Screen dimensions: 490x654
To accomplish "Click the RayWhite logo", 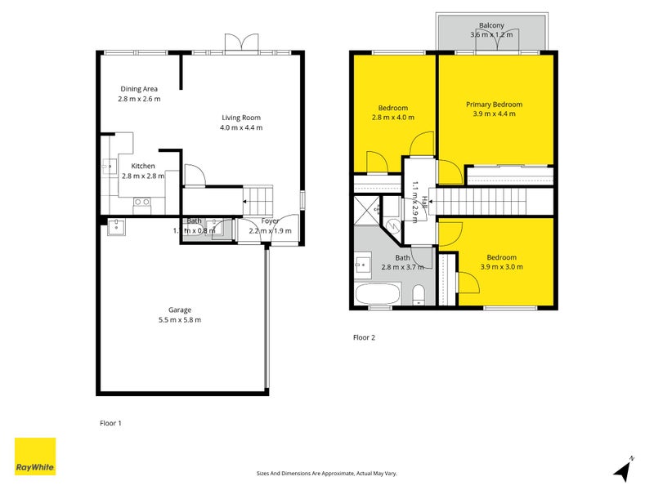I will click(35, 457).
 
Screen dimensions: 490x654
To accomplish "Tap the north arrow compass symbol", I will click(624, 470).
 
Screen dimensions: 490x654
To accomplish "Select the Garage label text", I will click(180, 310).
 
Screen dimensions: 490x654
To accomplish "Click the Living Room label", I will click(240, 117).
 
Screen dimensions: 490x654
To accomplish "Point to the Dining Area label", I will click(138, 89).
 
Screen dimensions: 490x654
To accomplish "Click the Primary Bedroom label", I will click(494, 105).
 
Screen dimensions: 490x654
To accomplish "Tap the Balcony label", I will click(491, 24).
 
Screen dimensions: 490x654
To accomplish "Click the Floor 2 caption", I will click(364, 336).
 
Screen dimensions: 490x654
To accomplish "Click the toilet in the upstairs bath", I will click(418, 295).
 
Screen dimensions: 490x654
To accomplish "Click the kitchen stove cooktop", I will click(141, 202).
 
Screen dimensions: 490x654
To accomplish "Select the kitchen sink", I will click(109, 167).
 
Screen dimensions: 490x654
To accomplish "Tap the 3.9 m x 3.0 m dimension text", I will click(502, 267).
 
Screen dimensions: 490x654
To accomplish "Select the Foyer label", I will click(270, 221).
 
